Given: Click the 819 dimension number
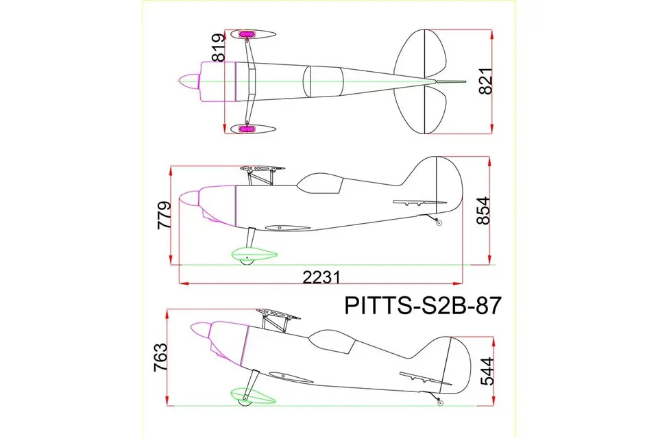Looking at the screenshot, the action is [x=218, y=48].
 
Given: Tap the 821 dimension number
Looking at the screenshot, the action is [x=485, y=81].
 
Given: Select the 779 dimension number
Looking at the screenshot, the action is [x=164, y=215].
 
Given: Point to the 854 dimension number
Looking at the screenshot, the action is [x=483, y=210].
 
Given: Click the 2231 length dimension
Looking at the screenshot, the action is [x=321, y=277].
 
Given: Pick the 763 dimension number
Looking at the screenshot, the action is [x=160, y=357].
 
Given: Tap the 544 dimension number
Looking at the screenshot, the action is [x=487, y=372].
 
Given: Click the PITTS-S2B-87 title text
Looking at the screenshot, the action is [x=423, y=305].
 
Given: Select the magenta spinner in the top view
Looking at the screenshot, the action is [x=189, y=81].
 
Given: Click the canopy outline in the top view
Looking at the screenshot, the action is [x=323, y=81].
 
